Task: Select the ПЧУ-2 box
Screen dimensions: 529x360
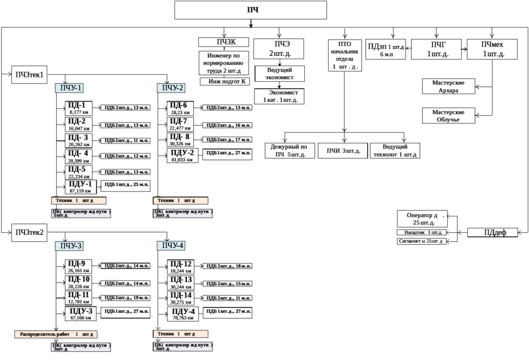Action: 171,88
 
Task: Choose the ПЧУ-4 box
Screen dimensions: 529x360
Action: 171,245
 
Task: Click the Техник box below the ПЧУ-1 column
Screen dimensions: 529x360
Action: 79,200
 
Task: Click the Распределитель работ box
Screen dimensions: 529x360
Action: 56,334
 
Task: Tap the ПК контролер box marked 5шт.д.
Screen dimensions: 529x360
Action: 82,213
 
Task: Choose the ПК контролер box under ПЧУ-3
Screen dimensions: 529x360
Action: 82,347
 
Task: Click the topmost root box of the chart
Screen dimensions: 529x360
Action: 251,10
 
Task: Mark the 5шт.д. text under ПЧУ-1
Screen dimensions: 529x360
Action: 61,216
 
